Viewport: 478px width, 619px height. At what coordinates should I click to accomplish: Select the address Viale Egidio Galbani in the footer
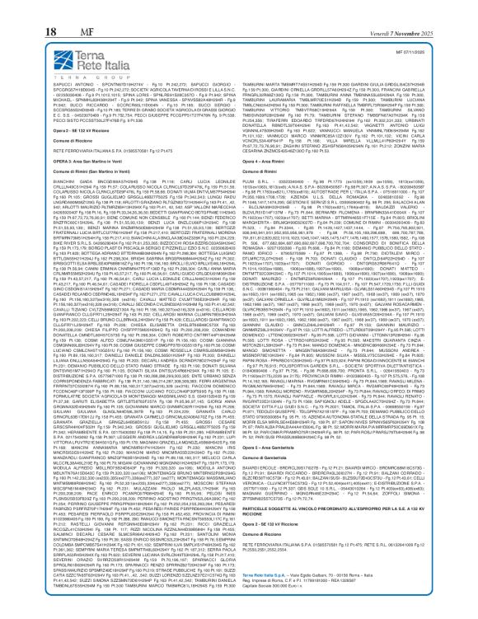tap(329, 586)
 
